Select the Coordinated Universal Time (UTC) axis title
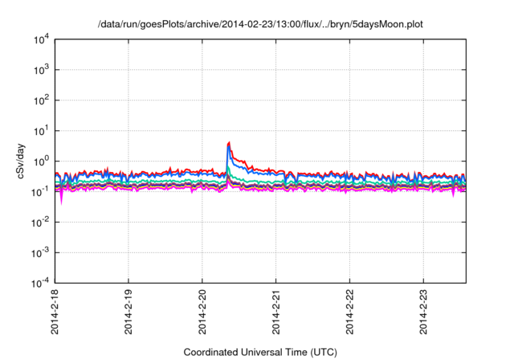261,352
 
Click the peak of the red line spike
230,143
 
